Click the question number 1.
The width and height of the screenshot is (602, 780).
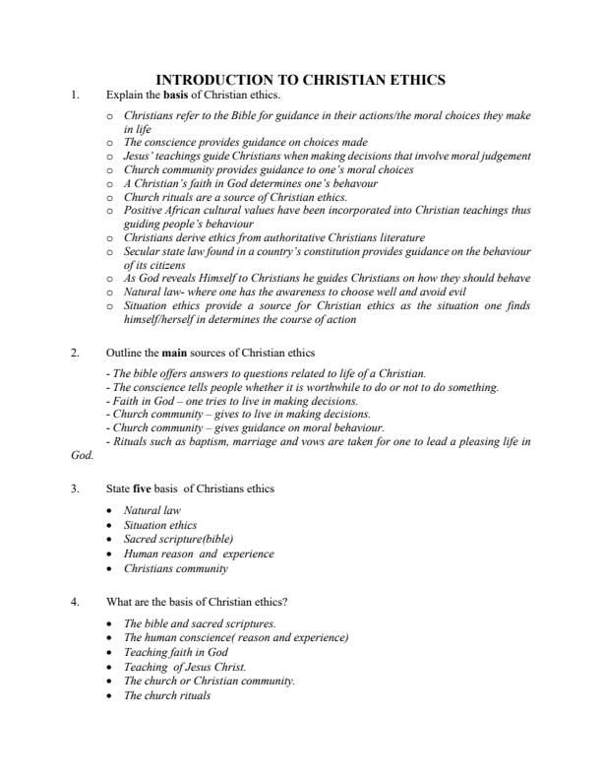75,95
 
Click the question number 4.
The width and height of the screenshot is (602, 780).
75,602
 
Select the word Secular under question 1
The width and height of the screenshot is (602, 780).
144,251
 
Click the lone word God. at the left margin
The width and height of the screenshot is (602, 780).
83,456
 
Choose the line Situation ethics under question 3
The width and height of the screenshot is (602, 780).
159,526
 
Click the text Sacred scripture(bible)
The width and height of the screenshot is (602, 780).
178,540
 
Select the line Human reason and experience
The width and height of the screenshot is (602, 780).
199,553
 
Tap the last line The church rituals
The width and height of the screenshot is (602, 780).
166,694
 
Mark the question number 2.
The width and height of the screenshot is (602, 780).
75,352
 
